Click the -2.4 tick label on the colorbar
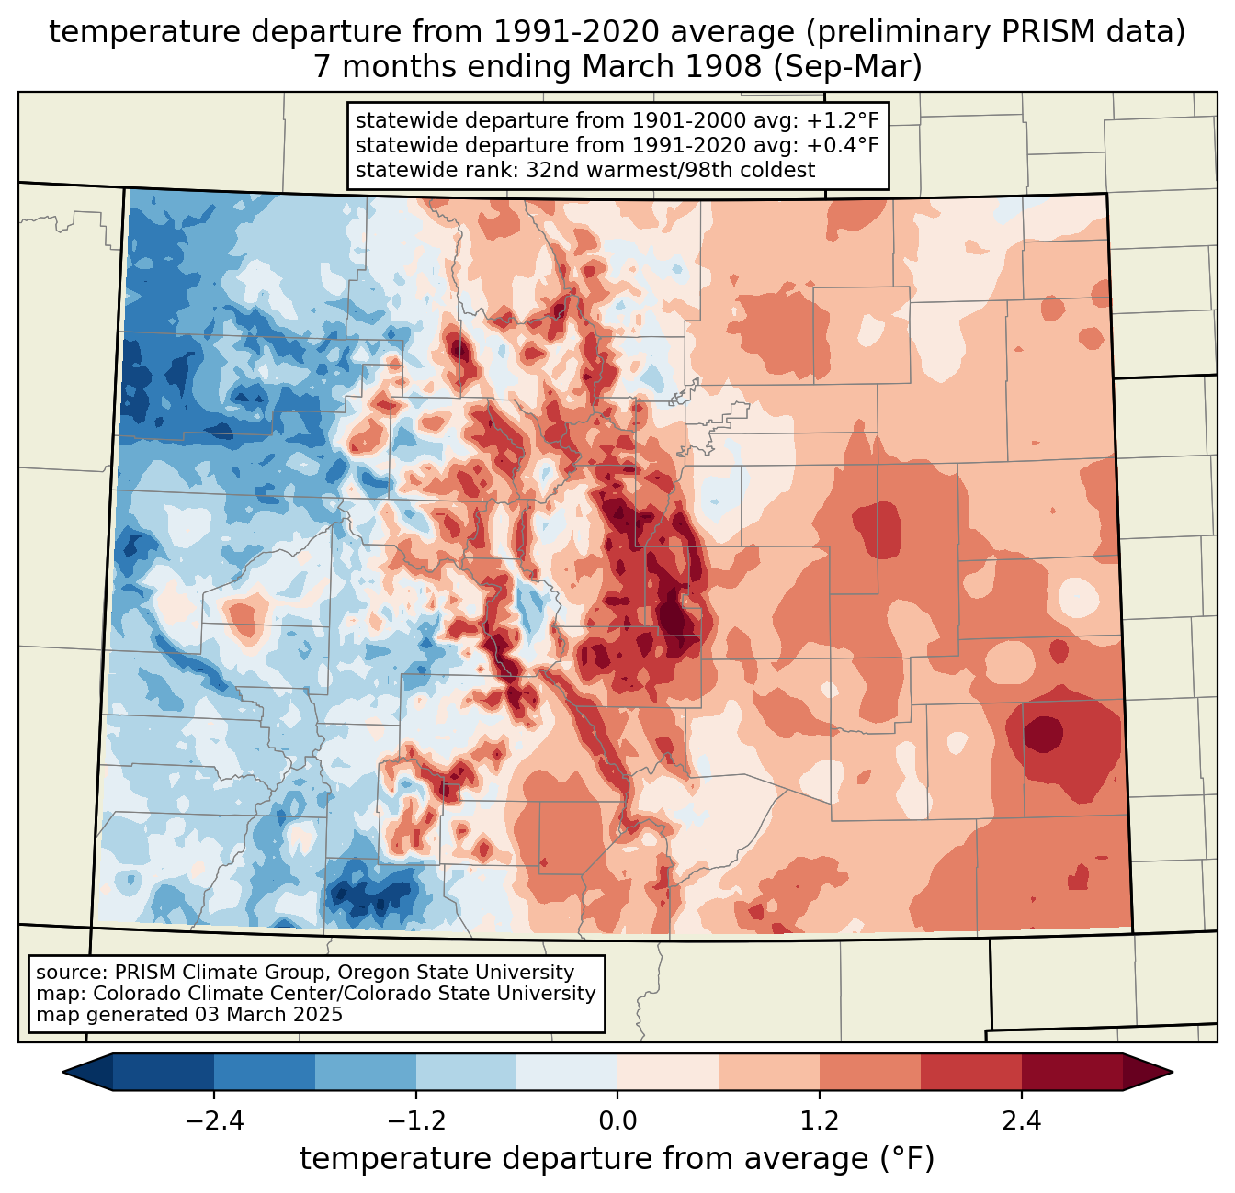pyautogui.click(x=214, y=1121)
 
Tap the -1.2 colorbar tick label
pyautogui.click(x=415, y=1121)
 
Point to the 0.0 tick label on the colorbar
pyautogui.click(x=617, y=1121)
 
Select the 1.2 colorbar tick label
pyautogui.click(x=820, y=1121)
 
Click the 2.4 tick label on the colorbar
pyautogui.click(x=1021, y=1121)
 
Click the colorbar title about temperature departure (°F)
pyautogui.click(x=617, y=1159)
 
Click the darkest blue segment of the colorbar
pyautogui.click(x=164, y=1072)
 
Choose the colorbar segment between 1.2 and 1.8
pyautogui.click(x=869, y=1072)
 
